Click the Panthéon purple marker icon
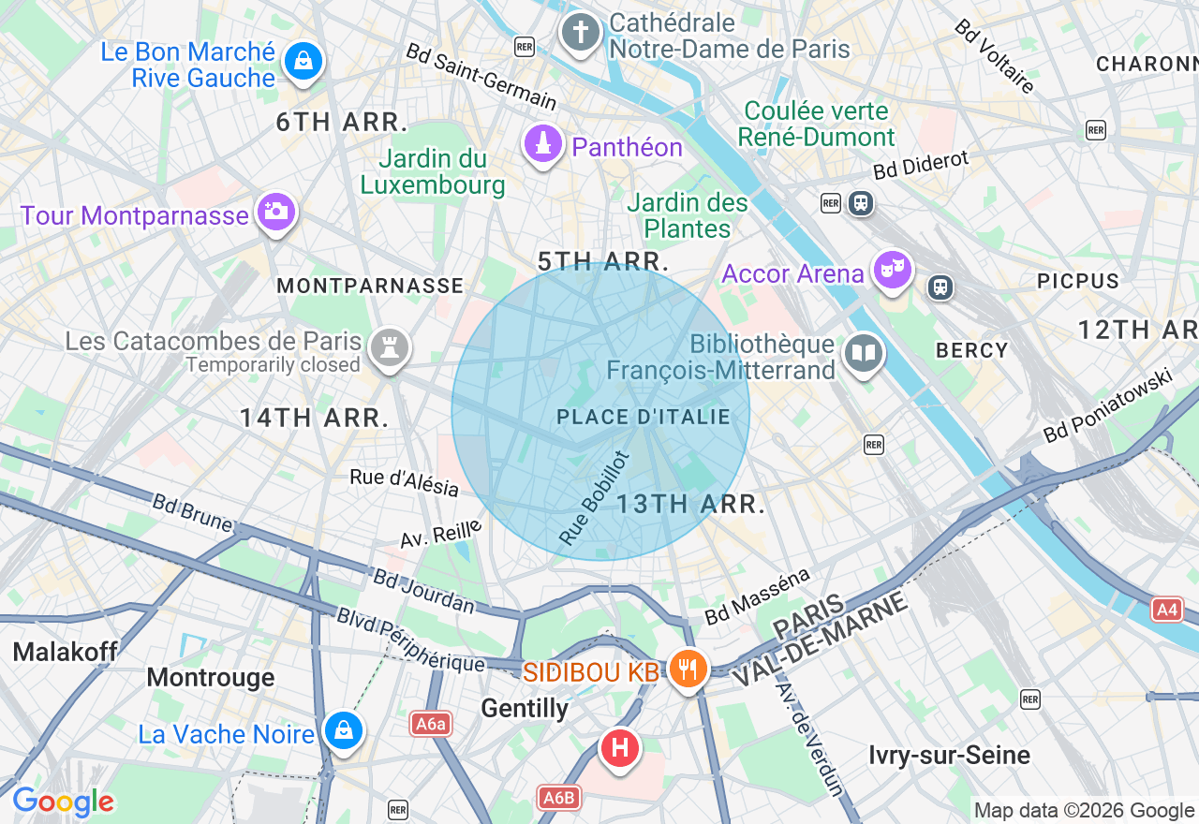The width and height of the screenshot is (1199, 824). [x=542, y=145]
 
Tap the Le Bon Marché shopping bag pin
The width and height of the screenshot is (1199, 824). [x=303, y=62]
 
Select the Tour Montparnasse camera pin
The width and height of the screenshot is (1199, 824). [x=275, y=212]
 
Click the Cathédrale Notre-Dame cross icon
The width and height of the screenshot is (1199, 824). [x=580, y=33]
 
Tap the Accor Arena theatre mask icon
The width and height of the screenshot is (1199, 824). [x=891, y=270]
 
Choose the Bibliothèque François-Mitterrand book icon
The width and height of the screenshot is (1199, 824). [x=863, y=354]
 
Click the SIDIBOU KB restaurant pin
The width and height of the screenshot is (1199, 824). [x=688, y=668]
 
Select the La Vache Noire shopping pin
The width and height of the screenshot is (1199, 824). [x=343, y=729]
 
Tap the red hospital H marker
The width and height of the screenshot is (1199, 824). [x=618, y=748]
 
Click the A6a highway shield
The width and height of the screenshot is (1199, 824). [x=431, y=723]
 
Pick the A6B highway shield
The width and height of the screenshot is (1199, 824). [x=559, y=798]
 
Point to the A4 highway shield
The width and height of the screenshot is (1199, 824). [x=1166, y=611]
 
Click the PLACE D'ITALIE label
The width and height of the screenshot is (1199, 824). [x=644, y=417]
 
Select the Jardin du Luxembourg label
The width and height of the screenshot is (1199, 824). [x=433, y=172]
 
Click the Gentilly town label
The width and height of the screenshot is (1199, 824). [x=525, y=709]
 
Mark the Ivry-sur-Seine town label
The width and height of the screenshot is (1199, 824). [x=949, y=755]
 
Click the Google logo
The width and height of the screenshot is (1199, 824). [x=63, y=802]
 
